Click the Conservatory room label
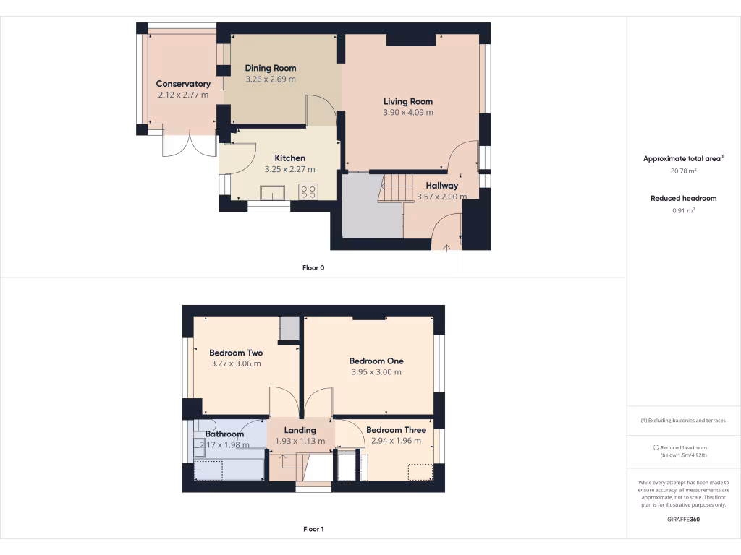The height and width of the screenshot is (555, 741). click(183, 84)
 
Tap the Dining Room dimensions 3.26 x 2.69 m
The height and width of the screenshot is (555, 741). click(270, 79)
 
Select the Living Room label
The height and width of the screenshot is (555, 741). click(408, 102)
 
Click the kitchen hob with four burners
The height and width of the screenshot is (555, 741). click(308, 192)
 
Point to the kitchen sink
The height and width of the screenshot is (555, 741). click(272, 192)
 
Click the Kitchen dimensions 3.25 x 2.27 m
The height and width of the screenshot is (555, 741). click(289, 169)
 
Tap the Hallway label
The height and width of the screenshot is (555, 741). click(441, 186)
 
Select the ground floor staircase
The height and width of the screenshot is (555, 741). click(394, 189)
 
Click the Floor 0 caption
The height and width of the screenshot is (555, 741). click(313, 268)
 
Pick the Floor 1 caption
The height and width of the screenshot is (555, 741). click(313, 530)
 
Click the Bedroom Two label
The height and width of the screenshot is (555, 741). click(236, 353)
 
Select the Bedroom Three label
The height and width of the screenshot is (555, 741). click(396, 430)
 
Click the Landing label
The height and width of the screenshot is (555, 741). click(300, 430)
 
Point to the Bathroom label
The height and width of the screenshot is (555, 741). click(224, 434)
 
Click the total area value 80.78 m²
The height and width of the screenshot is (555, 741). click(684, 171)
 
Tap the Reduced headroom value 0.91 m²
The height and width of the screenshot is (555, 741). click(684, 210)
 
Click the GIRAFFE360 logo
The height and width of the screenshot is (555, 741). click(684, 520)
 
